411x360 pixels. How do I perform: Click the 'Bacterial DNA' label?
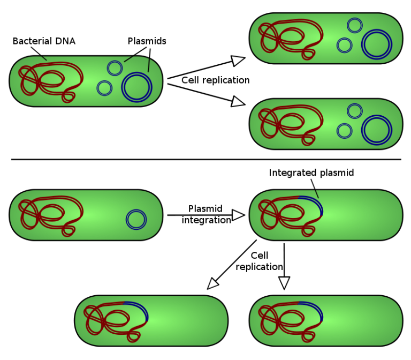click(44, 41)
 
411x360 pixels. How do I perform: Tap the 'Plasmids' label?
click(147, 41)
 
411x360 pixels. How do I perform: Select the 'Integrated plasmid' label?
click(311, 173)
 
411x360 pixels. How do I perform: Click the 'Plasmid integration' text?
click(206, 214)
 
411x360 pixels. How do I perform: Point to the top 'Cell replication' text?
click(215, 80)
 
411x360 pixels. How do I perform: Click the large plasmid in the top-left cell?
click(137, 87)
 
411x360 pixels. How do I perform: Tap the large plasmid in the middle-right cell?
click(377, 130)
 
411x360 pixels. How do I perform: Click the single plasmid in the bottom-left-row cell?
click(136, 220)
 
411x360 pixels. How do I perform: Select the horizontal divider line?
click(205, 159)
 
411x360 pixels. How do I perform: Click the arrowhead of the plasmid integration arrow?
click(238, 215)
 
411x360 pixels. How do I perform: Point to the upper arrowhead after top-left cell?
click(238, 59)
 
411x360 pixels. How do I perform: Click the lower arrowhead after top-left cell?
click(238, 101)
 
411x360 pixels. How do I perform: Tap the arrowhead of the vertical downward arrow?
click(284, 282)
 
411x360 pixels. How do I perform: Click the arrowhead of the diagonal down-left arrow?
click(213, 283)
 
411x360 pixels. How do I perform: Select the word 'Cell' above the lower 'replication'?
click(259, 256)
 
